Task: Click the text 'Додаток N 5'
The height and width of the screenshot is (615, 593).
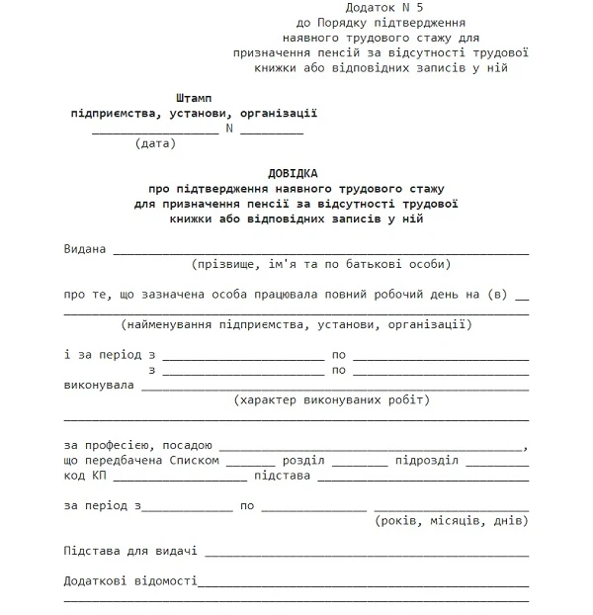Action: [x=345, y=7]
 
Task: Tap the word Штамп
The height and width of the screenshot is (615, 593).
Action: [x=193, y=98]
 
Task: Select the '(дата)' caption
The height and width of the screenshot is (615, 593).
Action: [x=155, y=143]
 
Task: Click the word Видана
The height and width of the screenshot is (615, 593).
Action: [x=84, y=248]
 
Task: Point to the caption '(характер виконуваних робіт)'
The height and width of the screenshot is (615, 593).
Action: [x=332, y=400]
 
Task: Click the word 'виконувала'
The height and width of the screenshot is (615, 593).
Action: [x=99, y=385]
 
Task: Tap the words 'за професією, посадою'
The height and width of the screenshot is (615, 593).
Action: [x=138, y=446]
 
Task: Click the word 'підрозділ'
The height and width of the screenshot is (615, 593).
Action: [x=426, y=461]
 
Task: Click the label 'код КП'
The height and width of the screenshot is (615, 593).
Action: [x=85, y=476]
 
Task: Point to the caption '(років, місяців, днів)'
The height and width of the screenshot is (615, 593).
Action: [x=452, y=520]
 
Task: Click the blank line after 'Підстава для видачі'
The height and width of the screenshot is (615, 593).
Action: [x=366, y=554]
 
